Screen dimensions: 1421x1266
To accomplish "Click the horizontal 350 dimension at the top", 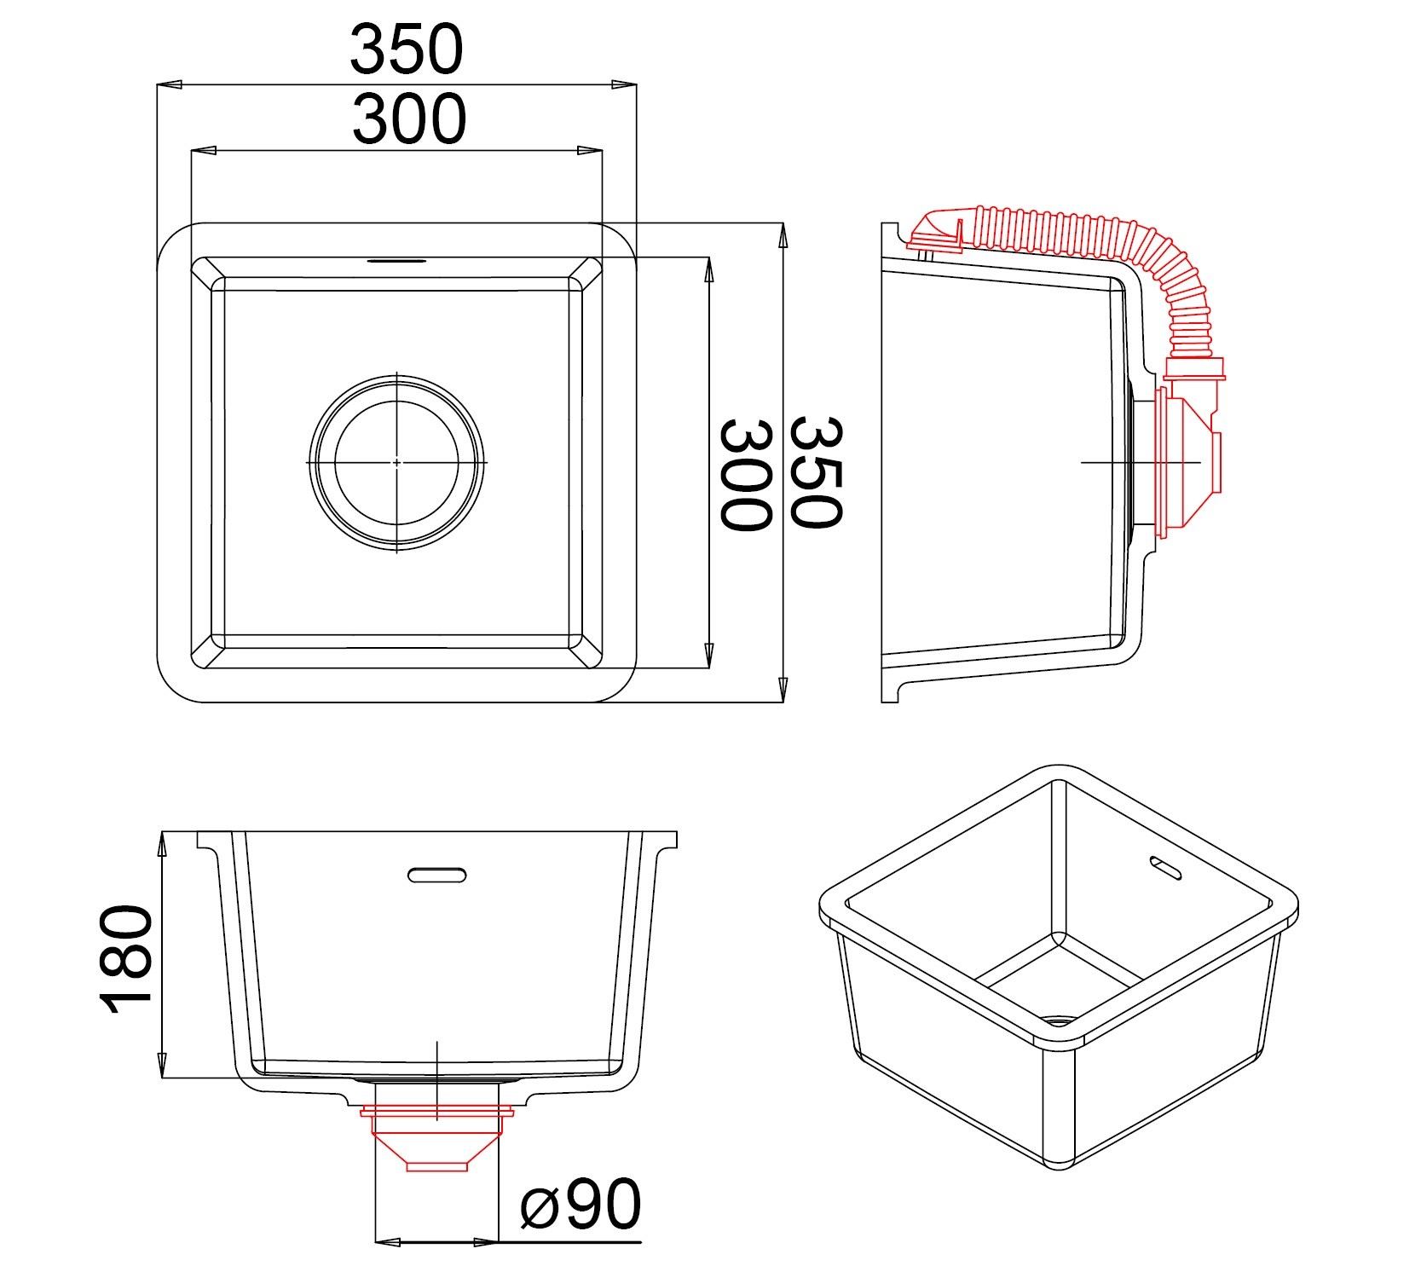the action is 407,49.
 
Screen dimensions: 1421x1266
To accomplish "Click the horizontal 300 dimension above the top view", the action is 409,119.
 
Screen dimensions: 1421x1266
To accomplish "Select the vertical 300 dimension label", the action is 746,475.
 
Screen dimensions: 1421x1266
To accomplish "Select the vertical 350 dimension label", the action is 816,472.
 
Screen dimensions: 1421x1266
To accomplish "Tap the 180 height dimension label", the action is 126,959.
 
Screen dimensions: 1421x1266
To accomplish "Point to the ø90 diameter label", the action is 581,1205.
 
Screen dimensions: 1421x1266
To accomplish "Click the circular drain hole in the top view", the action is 396,462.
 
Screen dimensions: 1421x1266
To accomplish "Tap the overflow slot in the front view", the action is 437,875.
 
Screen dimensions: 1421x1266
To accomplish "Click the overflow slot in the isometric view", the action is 1165,867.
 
